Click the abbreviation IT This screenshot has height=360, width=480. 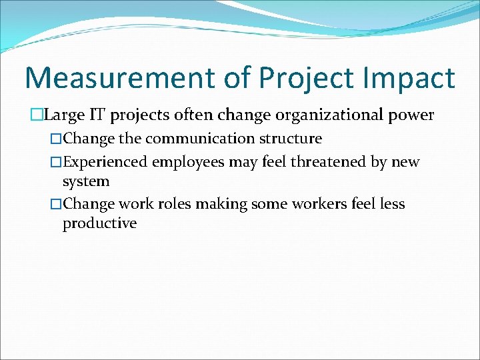pyautogui.click(x=97, y=115)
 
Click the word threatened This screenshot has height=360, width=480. pyautogui.click(x=323, y=162)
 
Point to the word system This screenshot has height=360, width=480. pyautogui.click(x=86, y=181)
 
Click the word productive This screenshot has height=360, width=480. pyautogui.click(x=99, y=223)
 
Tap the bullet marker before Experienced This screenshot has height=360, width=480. pyautogui.click(x=56, y=163)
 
